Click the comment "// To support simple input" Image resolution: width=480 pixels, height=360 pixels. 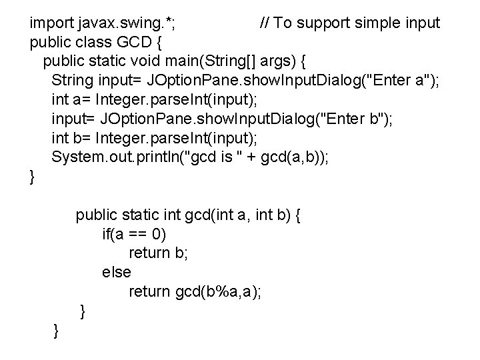pyautogui.click(x=349, y=23)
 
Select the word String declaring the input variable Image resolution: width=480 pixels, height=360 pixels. pyautogui.click(x=73, y=81)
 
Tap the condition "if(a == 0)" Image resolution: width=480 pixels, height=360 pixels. pyautogui.click(x=134, y=235)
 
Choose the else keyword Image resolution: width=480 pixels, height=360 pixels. pyautogui.click(x=116, y=273)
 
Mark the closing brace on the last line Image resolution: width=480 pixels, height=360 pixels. pyautogui.click(x=56, y=330)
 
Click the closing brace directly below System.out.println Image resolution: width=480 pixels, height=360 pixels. pyautogui.click(x=33, y=178)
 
